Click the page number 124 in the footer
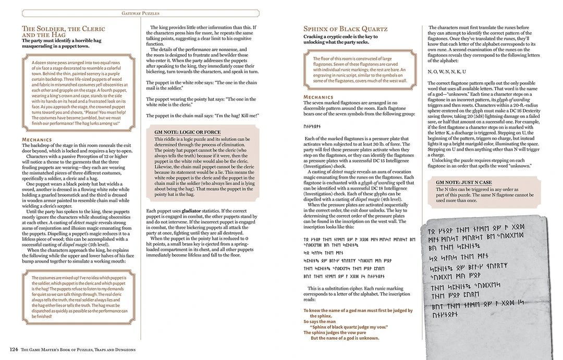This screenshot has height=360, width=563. pyautogui.click(x=14, y=350)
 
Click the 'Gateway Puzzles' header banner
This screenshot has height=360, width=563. pyautogui.click(x=140, y=13)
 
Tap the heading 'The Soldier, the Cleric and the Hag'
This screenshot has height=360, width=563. pyautogui.click(x=63, y=31)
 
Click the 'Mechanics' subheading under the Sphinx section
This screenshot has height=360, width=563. pyautogui.click(x=318, y=97)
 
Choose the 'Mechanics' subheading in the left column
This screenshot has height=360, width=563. pyautogui.click(x=36, y=140)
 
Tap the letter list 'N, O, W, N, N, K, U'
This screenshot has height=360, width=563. pyautogui.click(x=447, y=71)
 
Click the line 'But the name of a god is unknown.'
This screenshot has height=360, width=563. pyautogui.click(x=345, y=338)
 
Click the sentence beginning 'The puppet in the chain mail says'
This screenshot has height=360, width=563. pyautogui.click(x=202, y=115)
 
